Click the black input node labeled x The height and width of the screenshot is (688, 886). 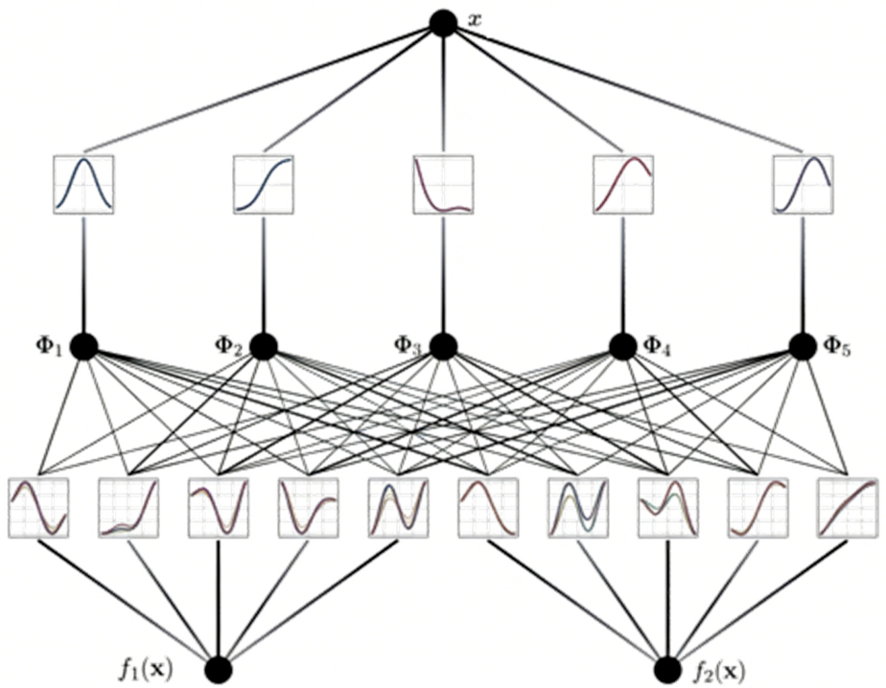pyautogui.click(x=443, y=24)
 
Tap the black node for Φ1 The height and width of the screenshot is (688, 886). pyautogui.click(x=83, y=346)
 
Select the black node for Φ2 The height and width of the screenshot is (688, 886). pyautogui.click(x=263, y=346)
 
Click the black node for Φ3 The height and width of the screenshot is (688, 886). pyautogui.click(x=443, y=346)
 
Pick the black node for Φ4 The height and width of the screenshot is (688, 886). pyautogui.click(x=623, y=346)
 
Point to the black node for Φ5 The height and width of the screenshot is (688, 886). pyautogui.click(x=803, y=346)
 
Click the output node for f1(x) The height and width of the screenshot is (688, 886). pyautogui.click(x=219, y=670)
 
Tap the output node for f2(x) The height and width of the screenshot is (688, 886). pyautogui.click(x=668, y=670)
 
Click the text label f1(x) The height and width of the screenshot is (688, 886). pyautogui.click(x=146, y=670)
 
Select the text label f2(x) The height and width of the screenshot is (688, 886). pyautogui.click(x=718, y=671)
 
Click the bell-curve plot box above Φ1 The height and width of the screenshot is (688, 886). pyautogui.click(x=83, y=184)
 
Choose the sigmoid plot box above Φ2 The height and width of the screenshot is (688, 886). pyautogui.click(x=264, y=184)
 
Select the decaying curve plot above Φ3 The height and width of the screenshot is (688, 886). pyautogui.click(x=443, y=184)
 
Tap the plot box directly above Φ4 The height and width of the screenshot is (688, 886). pyautogui.click(x=623, y=184)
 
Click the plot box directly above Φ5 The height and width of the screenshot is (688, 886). pyautogui.click(x=803, y=184)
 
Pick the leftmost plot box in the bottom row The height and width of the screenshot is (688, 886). pyautogui.click(x=38, y=508)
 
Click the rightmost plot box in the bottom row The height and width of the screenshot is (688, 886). pyautogui.click(x=848, y=508)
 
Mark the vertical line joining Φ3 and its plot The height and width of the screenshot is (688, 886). pyautogui.click(x=443, y=273)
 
